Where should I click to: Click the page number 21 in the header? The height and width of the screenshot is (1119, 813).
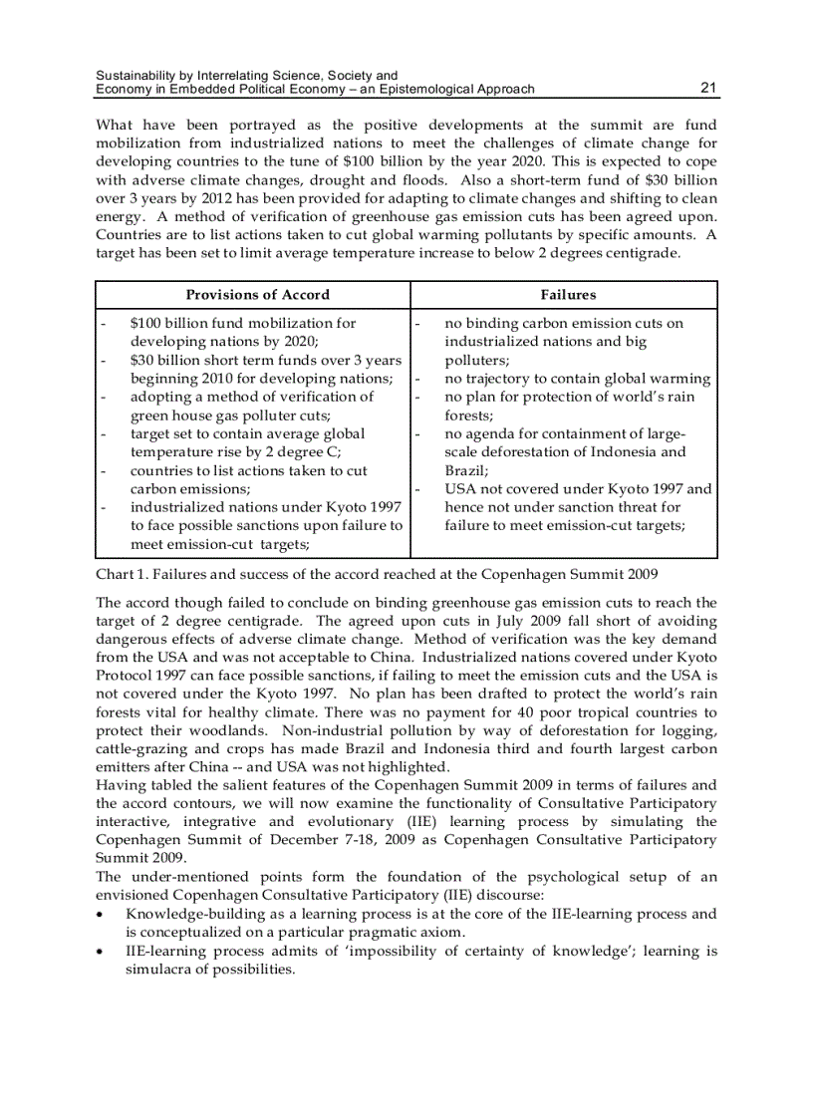pos(708,89)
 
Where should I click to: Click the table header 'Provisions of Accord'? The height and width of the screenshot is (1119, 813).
pos(257,295)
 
